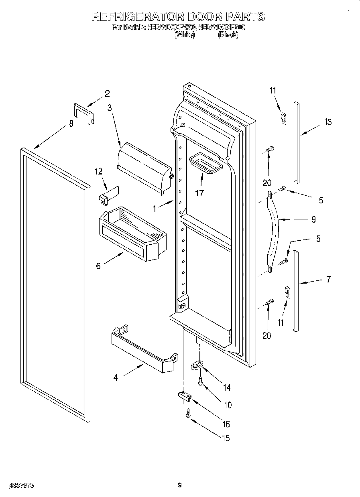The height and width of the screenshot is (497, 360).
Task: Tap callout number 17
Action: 199,193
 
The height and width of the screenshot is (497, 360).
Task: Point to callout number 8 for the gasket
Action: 71,124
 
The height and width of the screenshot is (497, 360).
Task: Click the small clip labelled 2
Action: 83,113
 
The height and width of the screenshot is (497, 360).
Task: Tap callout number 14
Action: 227,387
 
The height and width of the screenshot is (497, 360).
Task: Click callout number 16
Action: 226,424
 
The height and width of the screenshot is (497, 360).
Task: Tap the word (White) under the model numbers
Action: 184,35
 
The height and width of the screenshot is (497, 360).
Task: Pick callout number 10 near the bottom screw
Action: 228,405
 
